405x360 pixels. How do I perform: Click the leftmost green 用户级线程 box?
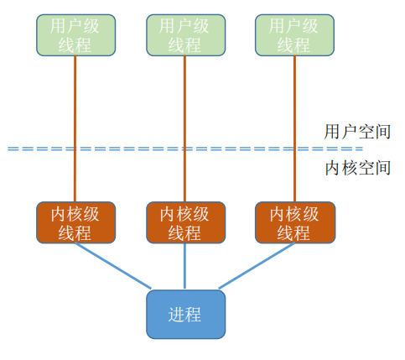click(75, 34)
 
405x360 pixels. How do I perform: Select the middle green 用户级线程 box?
click(184, 34)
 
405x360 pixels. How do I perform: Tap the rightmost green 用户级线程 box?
click(293, 34)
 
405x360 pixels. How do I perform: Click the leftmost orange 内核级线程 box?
click(75, 223)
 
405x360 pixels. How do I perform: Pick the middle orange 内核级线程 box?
click(184, 223)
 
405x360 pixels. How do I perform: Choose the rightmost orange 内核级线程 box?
click(293, 223)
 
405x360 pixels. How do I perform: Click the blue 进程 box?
click(184, 314)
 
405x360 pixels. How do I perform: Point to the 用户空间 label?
click(357, 131)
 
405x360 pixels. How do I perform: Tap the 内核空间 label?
click(357, 168)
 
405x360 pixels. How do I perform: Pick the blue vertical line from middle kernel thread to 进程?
click(184, 267)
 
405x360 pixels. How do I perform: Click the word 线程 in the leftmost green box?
click(75, 44)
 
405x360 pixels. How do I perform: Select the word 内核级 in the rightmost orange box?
click(293, 213)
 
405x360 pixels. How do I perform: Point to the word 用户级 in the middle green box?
click(184, 24)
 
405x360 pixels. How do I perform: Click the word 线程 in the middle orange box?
click(184, 233)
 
